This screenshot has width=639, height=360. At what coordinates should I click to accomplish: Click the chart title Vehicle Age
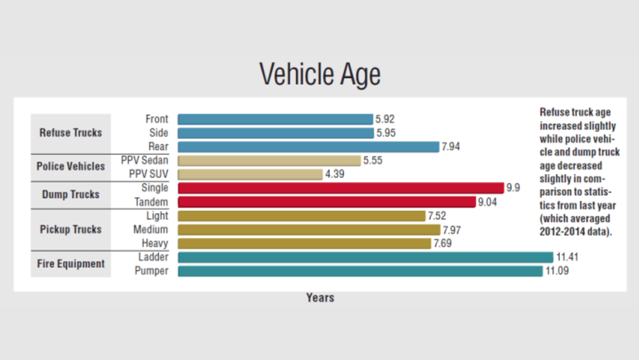pyautogui.click(x=319, y=74)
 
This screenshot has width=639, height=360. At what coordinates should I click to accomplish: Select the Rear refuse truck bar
pyautogui.click(x=308, y=147)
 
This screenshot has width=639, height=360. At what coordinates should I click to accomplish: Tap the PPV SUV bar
pyautogui.click(x=250, y=174)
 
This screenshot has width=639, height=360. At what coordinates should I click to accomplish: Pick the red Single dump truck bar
pyautogui.click(x=340, y=188)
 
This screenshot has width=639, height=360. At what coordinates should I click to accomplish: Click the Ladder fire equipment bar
pyautogui.click(x=365, y=257)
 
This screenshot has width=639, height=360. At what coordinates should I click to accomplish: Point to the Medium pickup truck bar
pyautogui.click(x=308, y=230)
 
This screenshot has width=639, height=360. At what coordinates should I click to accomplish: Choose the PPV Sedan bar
pyautogui.click(x=269, y=160)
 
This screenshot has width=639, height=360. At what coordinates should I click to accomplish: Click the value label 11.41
pyautogui.click(x=567, y=257)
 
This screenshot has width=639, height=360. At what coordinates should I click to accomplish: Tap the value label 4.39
pyautogui.click(x=335, y=174)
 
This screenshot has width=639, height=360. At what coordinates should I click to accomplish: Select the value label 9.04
pyautogui.click(x=489, y=202)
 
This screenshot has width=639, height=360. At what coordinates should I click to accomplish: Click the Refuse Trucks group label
pyautogui.click(x=70, y=132)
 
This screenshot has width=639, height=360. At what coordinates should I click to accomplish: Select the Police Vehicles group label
pyautogui.click(x=70, y=166)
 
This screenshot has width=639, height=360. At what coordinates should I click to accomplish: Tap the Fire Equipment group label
pyautogui.click(x=70, y=264)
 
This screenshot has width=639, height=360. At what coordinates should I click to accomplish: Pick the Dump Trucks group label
pyautogui.click(x=70, y=194)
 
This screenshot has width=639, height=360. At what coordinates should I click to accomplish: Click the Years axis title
pyautogui.click(x=320, y=297)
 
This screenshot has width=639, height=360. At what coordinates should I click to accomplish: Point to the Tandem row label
pyautogui.click(x=151, y=202)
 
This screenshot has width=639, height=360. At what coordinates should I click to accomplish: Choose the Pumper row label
pyautogui.click(x=151, y=271)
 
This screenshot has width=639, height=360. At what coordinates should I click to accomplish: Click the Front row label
pyautogui.click(x=156, y=119)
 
